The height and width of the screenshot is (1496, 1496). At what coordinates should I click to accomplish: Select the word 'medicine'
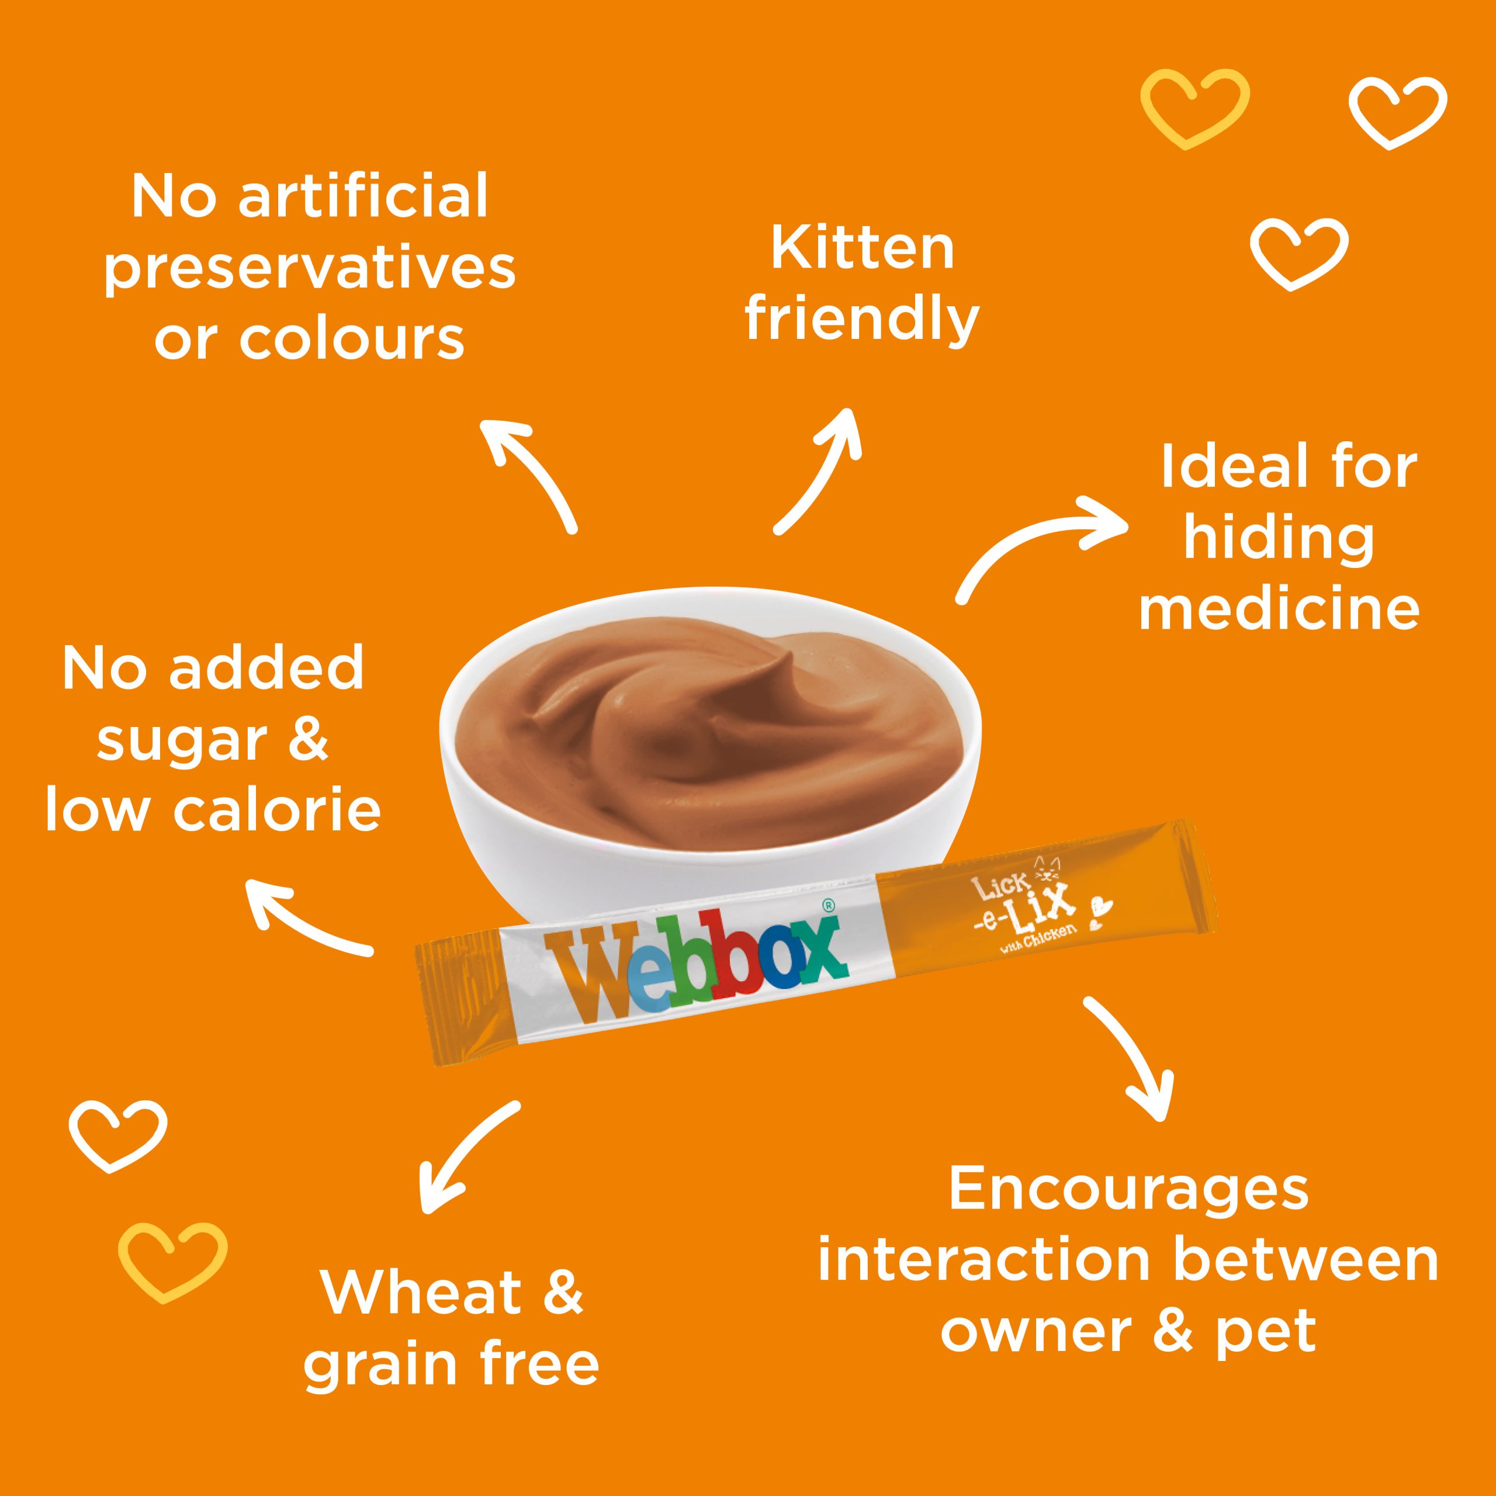tap(1279, 608)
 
